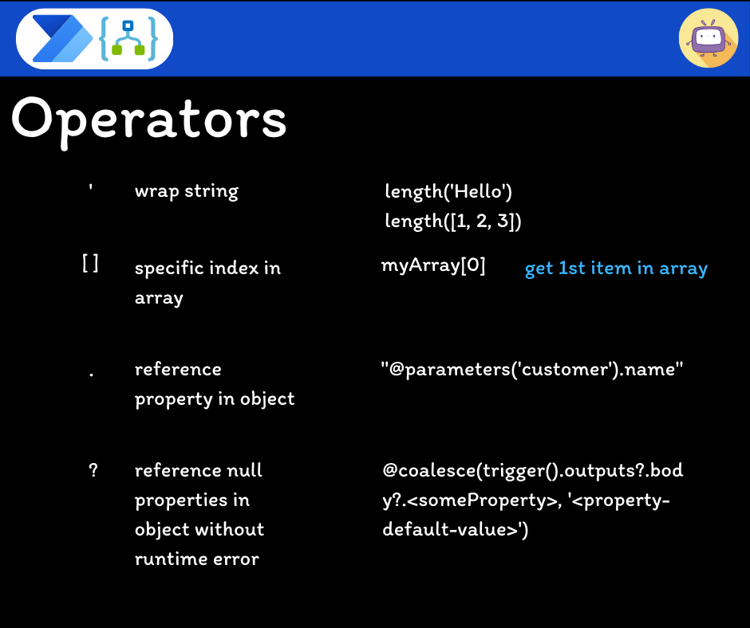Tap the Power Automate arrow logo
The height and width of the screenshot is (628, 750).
pos(62,39)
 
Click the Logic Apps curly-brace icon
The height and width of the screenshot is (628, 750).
pos(128,39)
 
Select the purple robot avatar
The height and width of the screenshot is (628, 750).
pos(709,37)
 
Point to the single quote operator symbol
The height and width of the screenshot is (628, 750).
pos(90,188)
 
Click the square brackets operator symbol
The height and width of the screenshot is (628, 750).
pos(90,263)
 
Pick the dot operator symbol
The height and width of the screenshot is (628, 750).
pos(92,375)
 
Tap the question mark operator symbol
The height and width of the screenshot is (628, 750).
pos(93,470)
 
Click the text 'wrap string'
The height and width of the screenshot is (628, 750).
pos(187,191)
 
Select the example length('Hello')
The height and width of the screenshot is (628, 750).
pos(448,191)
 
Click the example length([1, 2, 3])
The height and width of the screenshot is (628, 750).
pos(453,221)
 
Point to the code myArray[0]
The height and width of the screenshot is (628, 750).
pos(433,265)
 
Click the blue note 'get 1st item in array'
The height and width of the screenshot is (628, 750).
pos(616,268)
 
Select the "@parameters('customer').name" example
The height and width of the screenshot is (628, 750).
pos(532,370)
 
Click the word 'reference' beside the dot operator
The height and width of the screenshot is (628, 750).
pos(178,370)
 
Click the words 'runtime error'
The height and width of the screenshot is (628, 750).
pos(197,559)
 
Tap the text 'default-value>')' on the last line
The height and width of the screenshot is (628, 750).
pos(456,529)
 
